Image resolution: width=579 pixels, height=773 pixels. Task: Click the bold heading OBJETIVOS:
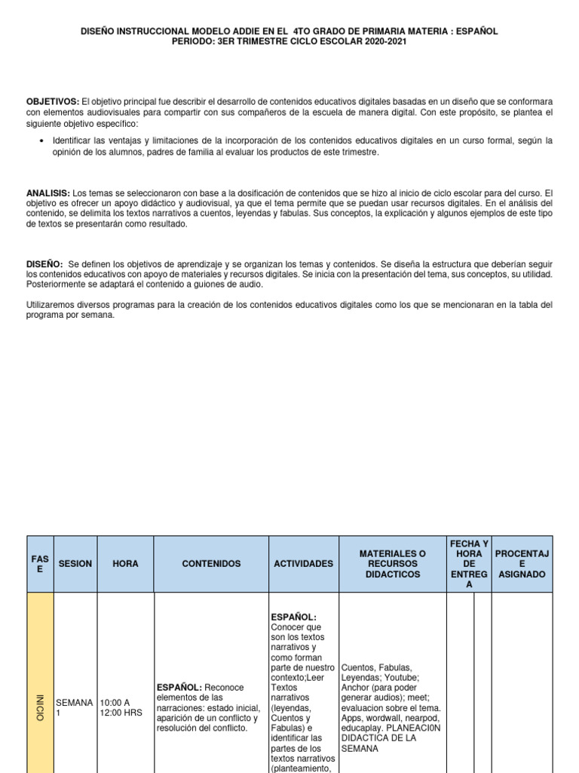coord(53,102)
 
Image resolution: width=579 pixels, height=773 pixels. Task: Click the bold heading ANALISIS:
coord(48,193)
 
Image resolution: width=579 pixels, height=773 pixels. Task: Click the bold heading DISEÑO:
coord(44,264)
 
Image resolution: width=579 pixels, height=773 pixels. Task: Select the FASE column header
coord(40,564)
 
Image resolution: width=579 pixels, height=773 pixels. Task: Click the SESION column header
coord(75,564)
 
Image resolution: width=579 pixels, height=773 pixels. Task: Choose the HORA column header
coord(125,564)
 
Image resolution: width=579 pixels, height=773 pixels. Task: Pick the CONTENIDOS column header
coord(211,564)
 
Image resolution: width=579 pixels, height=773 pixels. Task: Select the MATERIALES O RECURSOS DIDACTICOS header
coord(392,564)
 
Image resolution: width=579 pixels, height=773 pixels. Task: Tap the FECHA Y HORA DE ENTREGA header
coord(469,564)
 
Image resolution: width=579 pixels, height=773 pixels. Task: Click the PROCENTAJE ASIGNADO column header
coord(522,564)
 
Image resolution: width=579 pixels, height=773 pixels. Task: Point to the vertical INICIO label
coord(40,707)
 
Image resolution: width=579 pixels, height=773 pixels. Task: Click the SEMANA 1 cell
coord(75,707)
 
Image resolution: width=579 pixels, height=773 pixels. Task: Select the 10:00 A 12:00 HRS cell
coord(121,707)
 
